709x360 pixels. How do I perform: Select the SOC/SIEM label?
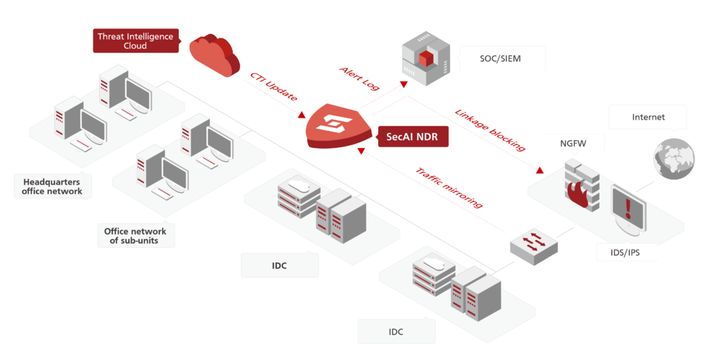[x=501, y=59]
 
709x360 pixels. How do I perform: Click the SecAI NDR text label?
[x=412, y=137]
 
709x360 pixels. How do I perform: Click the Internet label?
[x=648, y=117]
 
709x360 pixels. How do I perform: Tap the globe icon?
[x=672, y=158]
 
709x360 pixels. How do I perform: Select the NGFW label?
[x=574, y=143]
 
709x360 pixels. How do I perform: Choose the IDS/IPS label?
[x=618, y=253]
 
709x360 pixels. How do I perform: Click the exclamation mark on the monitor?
[x=628, y=207]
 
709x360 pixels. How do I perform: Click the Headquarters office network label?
[x=52, y=186]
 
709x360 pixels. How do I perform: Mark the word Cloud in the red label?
[x=136, y=46]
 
